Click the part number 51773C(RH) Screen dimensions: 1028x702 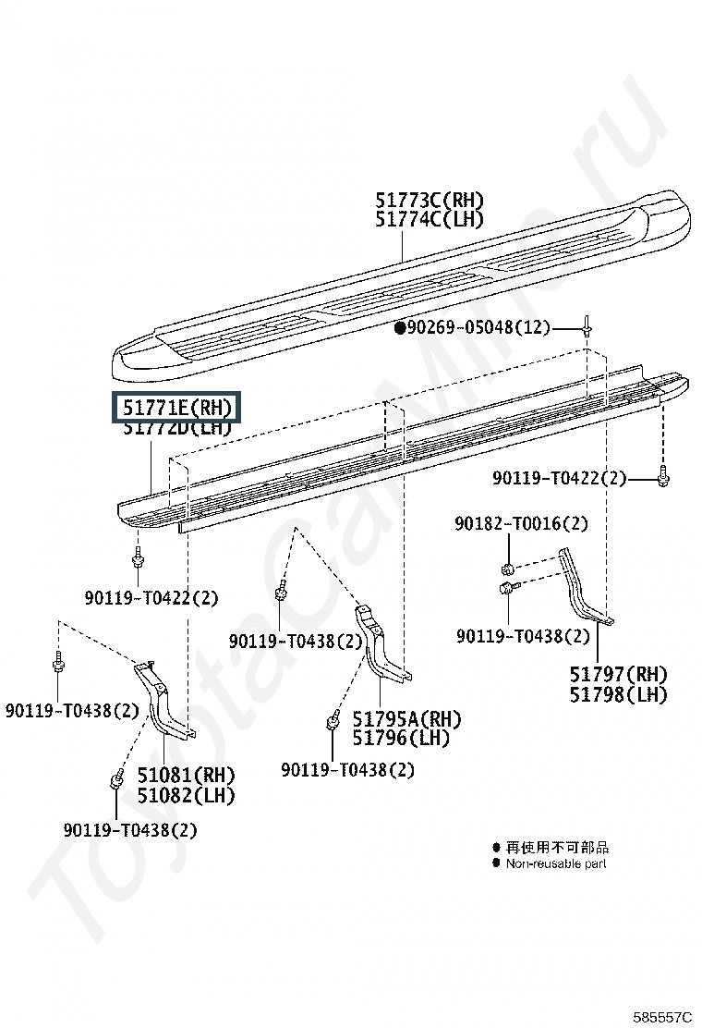[x=430, y=201]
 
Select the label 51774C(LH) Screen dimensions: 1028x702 [x=430, y=220]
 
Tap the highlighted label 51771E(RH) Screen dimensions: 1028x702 [x=175, y=408]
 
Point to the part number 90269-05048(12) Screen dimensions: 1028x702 [x=478, y=327]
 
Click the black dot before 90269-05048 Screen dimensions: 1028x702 [x=400, y=327]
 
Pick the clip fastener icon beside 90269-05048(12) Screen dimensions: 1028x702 [x=587, y=325]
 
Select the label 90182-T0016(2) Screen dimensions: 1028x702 [x=520, y=524]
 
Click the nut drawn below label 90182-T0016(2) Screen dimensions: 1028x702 [x=508, y=567]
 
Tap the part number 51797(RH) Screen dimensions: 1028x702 [x=618, y=675]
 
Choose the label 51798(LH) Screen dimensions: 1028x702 [x=618, y=695]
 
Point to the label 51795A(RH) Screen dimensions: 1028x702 [x=406, y=719]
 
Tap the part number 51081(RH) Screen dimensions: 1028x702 [x=187, y=775]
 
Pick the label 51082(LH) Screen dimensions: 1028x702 [x=187, y=795]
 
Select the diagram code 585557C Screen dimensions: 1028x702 [x=661, y=1017]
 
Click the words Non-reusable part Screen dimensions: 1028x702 [x=556, y=863]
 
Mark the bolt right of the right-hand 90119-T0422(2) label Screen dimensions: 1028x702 [x=663, y=478]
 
